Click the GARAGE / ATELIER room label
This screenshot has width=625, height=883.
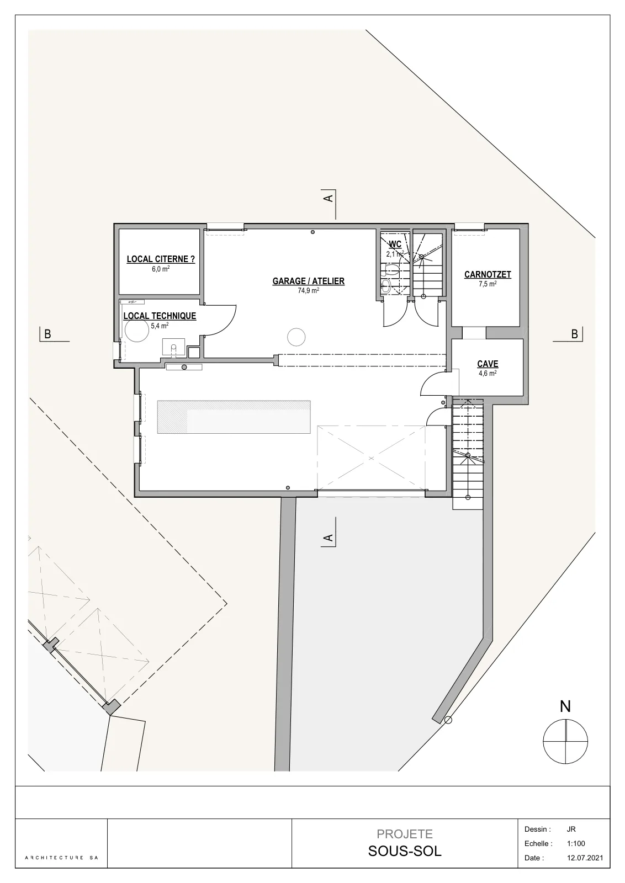309,281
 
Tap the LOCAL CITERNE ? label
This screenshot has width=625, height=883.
161,259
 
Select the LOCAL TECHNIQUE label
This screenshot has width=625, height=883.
160,316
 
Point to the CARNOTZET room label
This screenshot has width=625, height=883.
488,274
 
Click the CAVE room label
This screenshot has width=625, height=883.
488,364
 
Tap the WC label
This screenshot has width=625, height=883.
395,244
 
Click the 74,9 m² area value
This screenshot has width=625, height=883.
309,290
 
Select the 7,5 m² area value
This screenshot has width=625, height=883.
488,284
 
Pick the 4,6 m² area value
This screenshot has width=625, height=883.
488,373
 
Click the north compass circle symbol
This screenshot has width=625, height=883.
565,741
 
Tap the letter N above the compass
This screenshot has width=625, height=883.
565,706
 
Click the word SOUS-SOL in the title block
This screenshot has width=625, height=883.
405,852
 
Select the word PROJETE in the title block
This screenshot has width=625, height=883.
405,834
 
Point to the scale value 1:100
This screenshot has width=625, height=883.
576,844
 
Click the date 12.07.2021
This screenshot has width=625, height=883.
585,858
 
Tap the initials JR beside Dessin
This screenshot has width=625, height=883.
571,829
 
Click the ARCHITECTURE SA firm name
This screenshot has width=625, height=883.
61,858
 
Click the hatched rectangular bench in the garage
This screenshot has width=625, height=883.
234,417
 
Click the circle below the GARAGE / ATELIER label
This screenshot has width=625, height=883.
296,337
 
